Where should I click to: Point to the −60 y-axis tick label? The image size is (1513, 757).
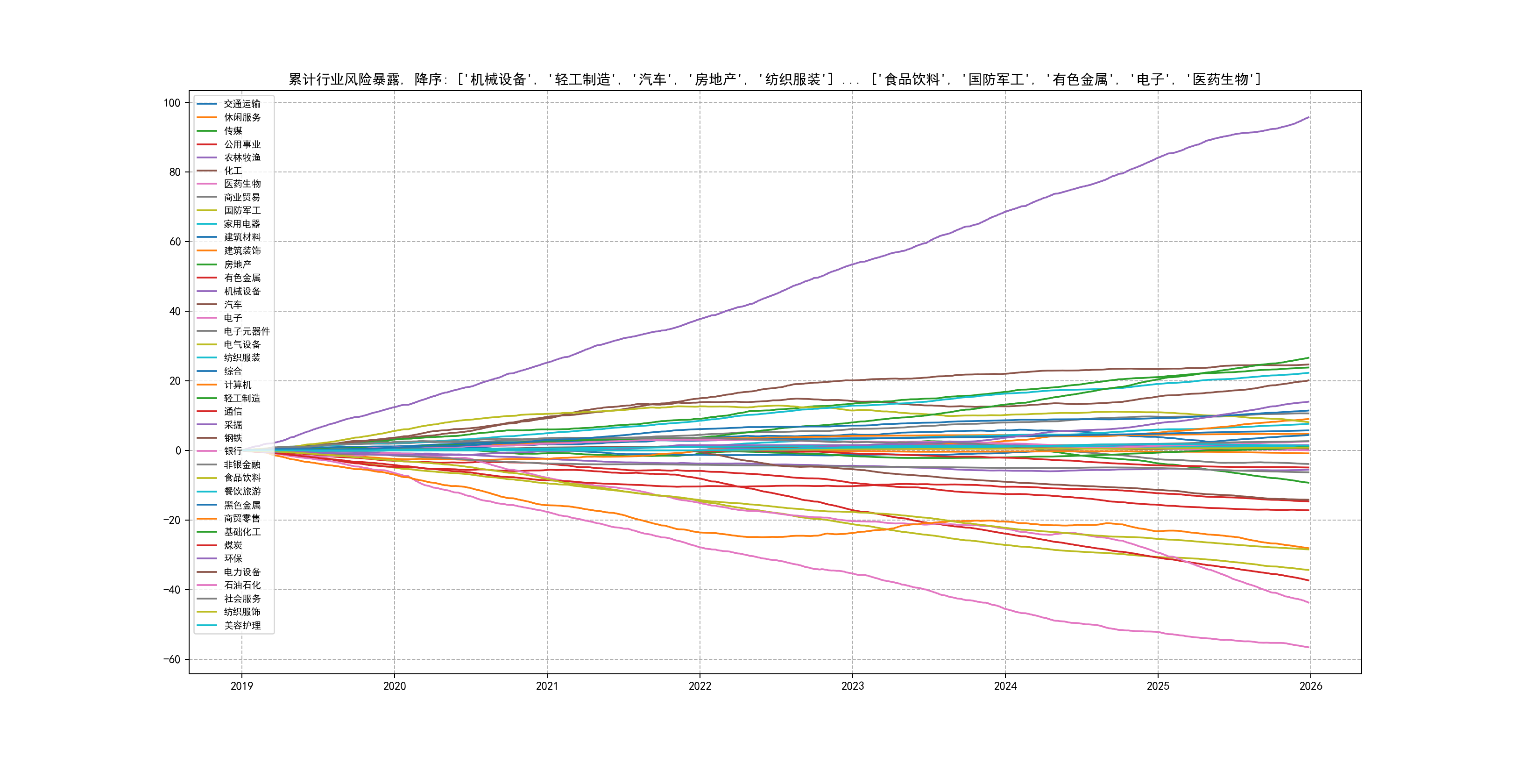(x=171, y=659)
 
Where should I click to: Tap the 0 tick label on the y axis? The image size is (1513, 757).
(x=178, y=451)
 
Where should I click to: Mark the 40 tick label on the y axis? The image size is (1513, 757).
(x=175, y=312)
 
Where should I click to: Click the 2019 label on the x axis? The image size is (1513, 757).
(x=241, y=686)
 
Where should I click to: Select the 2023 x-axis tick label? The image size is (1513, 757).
(x=852, y=686)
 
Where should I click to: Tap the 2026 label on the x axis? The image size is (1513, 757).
(x=1310, y=686)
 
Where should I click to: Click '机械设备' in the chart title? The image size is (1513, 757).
(x=498, y=79)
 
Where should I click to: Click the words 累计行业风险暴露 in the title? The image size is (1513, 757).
(x=344, y=79)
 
